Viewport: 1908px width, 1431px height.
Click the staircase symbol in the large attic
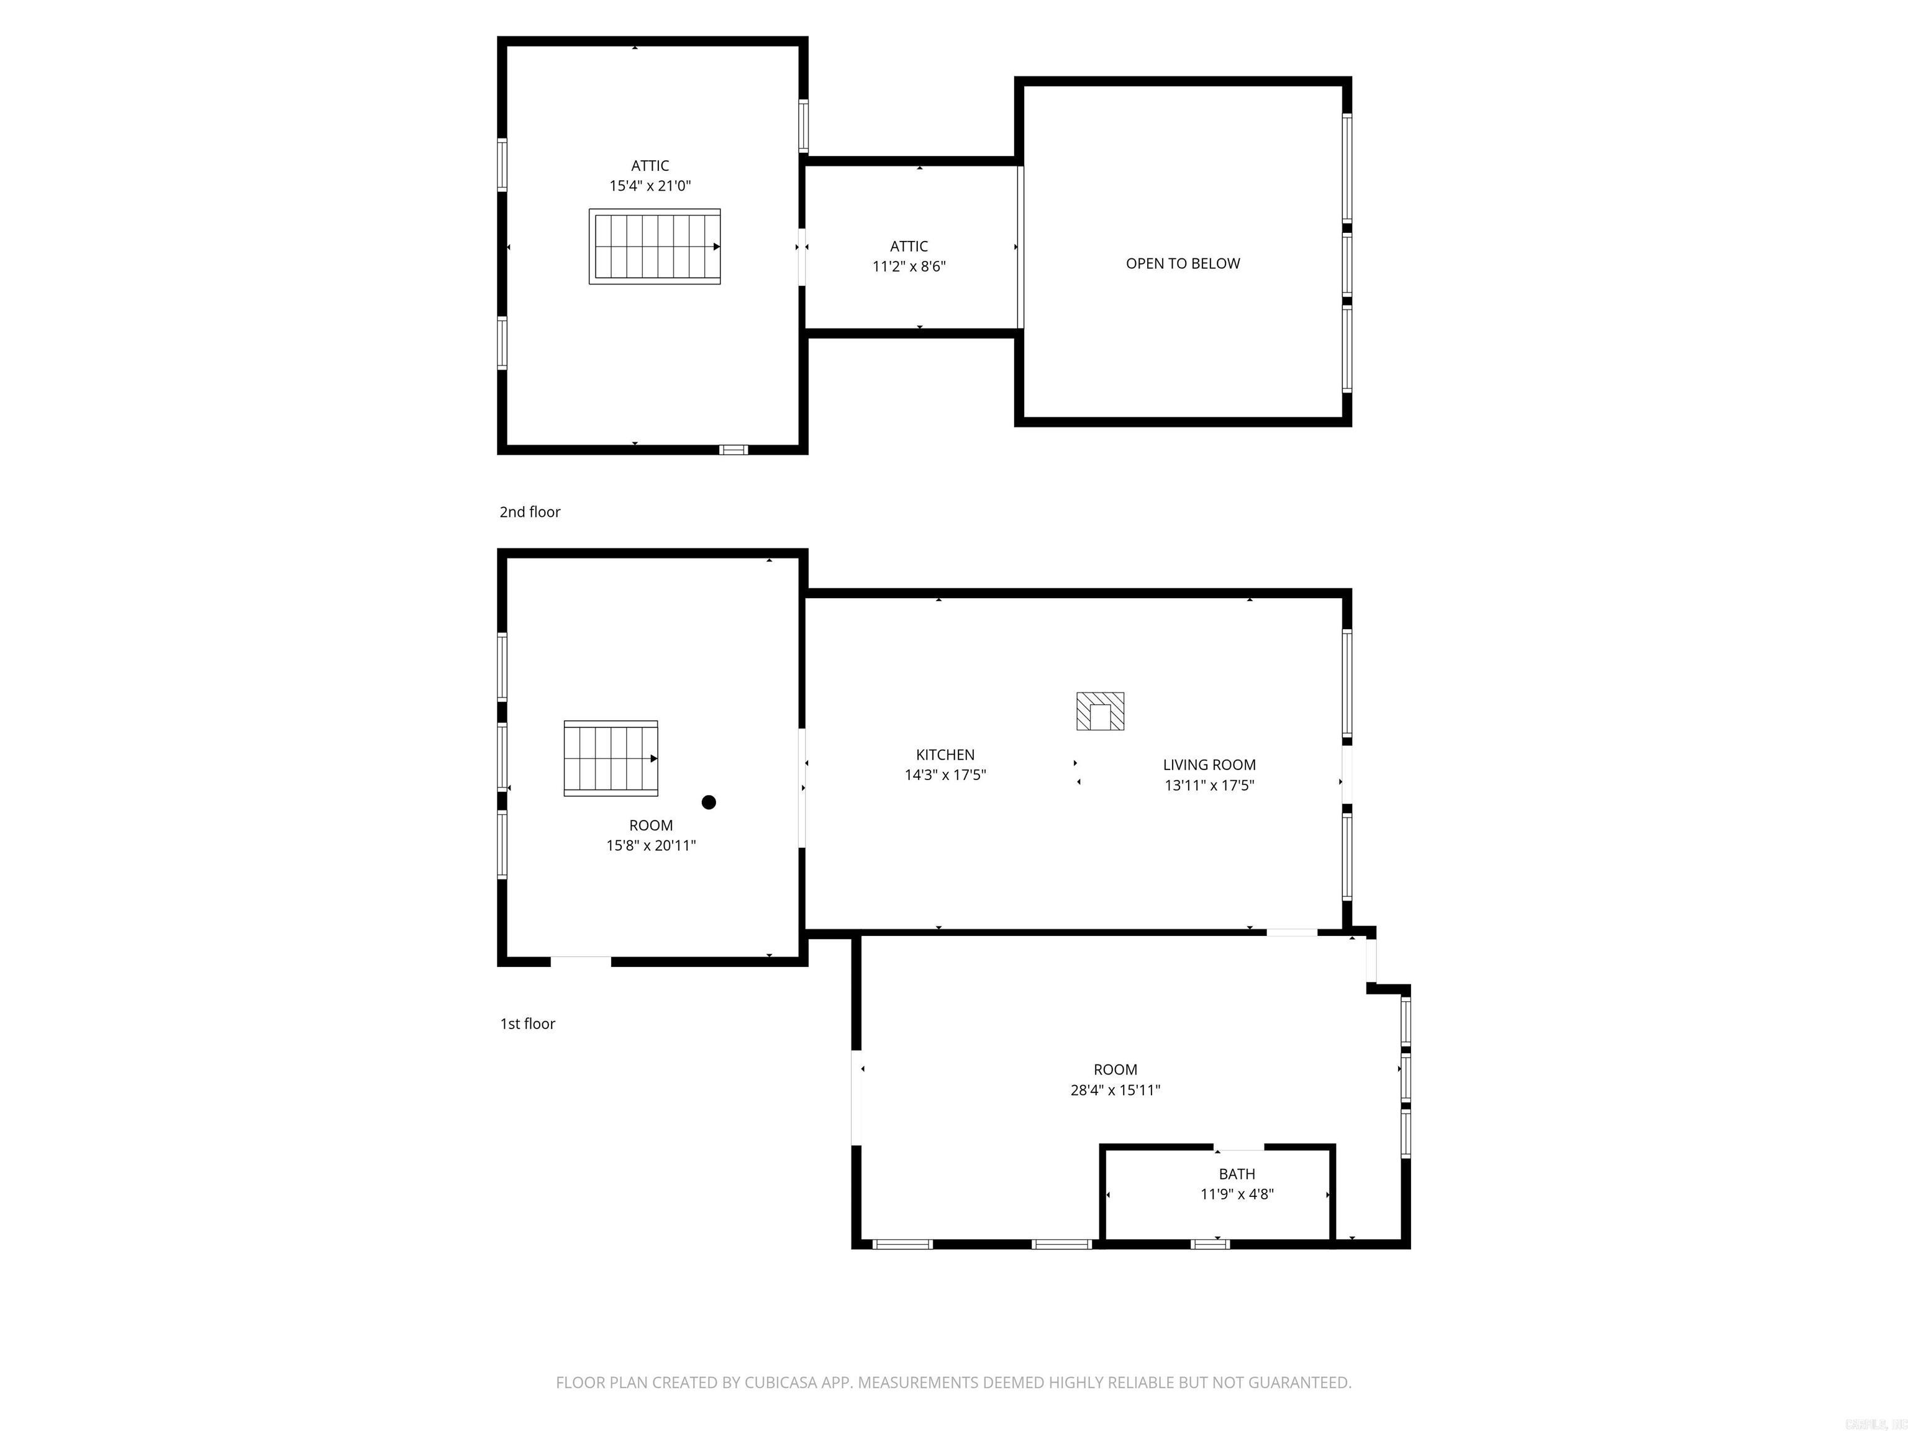coord(655,247)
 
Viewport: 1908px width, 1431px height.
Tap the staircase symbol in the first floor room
coord(611,758)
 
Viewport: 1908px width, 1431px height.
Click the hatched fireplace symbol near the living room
coord(1100,712)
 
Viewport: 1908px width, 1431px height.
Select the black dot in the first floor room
coord(709,802)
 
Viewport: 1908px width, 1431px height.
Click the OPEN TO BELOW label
coord(1183,264)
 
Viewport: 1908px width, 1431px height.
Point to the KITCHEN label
coord(945,755)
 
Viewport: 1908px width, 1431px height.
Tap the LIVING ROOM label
coord(1209,765)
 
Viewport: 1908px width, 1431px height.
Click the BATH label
coord(1237,1174)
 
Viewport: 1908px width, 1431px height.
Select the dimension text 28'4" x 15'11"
coord(1115,1090)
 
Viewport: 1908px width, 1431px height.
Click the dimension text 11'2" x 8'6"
coord(909,266)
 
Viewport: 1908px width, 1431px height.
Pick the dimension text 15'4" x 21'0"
coord(650,186)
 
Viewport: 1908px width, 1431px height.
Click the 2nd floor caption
coord(530,512)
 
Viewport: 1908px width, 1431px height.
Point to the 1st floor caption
coord(527,1024)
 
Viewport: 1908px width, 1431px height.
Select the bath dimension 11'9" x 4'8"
coord(1237,1194)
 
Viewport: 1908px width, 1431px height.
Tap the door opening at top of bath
coord(1240,1148)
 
